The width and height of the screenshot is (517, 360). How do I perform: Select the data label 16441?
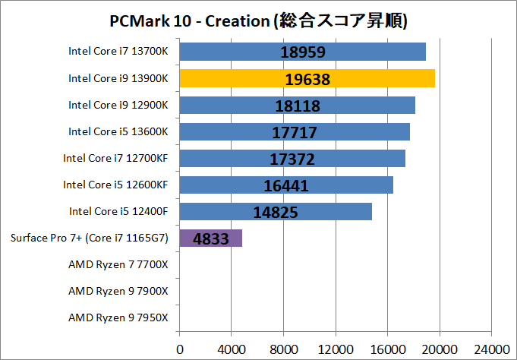[x=286, y=186]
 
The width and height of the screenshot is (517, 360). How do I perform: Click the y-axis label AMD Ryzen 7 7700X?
[x=118, y=264]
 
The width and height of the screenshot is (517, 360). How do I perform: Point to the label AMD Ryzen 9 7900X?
[x=118, y=291]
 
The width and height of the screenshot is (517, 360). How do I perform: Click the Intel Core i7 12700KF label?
[x=116, y=158]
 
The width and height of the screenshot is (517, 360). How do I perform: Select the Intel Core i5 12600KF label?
[x=116, y=185]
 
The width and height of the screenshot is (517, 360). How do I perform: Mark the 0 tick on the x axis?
[x=180, y=349]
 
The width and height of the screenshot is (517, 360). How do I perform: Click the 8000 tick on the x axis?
[x=283, y=349]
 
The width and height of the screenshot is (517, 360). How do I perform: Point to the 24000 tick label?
[x=491, y=349]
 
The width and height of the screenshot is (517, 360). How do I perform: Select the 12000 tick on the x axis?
[x=336, y=349]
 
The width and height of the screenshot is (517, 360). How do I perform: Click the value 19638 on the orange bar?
[x=308, y=79]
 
